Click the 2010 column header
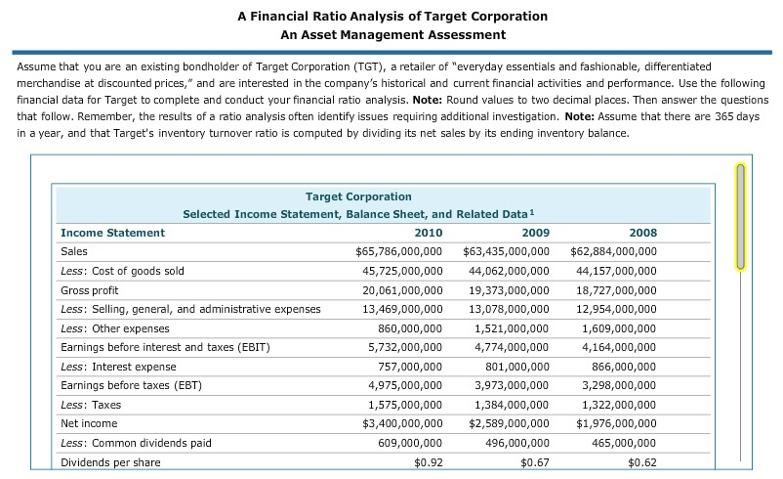click(x=428, y=233)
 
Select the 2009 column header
click(x=535, y=233)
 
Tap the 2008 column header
click(x=642, y=233)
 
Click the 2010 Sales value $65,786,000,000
click(x=398, y=251)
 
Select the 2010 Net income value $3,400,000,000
click(x=402, y=423)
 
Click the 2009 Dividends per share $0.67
click(x=534, y=462)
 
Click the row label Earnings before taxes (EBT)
click(x=131, y=385)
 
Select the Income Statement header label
click(x=112, y=233)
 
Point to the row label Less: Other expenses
click(x=114, y=328)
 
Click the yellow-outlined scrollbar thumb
click(x=740, y=217)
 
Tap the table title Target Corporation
click(x=358, y=196)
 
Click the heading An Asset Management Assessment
click(x=392, y=35)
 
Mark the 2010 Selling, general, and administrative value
click(x=402, y=309)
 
